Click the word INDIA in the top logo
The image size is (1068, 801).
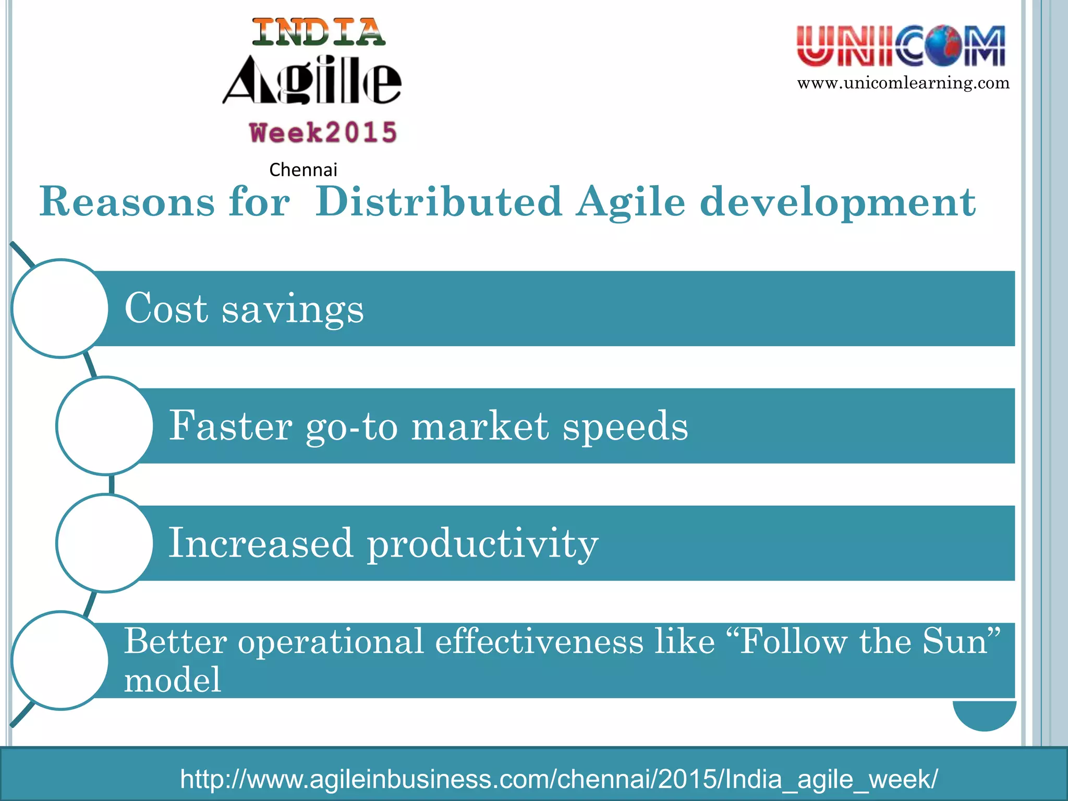point(319,32)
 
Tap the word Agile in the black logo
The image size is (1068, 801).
point(312,80)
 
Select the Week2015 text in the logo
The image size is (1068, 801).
point(323,132)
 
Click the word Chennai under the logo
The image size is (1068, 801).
point(303,170)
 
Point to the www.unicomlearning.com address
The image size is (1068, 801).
point(903,83)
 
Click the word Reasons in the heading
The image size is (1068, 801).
point(127,202)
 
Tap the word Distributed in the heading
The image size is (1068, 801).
point(439,202)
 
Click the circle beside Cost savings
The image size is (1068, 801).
point(60,309)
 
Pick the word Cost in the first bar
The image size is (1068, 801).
point(166,308)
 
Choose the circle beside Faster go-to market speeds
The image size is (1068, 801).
point(105,426)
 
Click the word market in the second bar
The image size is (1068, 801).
point(480,426)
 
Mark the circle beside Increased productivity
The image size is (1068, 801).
point(105,543)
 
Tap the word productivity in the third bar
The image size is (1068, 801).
point(483,544)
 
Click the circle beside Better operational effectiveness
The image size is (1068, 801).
point(60,660)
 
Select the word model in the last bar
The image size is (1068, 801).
point(173,680)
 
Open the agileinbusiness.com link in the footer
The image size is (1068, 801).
point(559,779)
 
